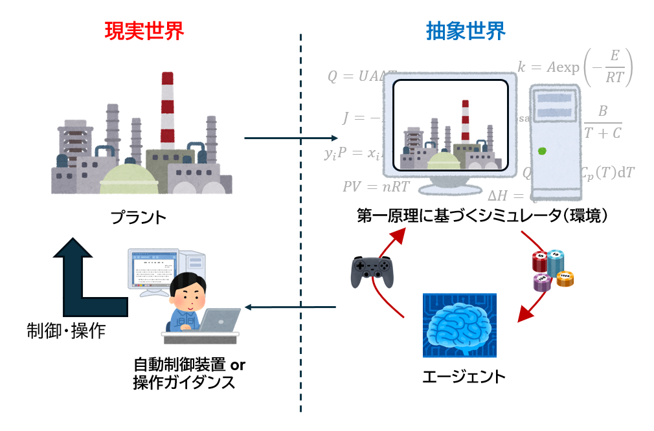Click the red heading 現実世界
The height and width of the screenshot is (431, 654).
(x=144, y=30)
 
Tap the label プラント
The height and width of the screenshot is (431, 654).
(x=138, y=216)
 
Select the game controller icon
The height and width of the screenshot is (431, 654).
(x=372, y=271)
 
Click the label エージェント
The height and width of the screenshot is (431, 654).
(x=463, y=377)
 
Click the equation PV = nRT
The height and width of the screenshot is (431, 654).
(x=376, y=187)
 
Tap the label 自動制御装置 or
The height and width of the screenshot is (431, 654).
(x=189, y=364)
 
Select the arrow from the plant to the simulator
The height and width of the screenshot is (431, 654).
(x=291, y=138)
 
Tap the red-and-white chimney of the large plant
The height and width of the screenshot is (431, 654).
(x=168, y=110)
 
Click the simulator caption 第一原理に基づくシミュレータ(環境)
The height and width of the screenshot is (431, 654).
(x=483, y=217)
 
